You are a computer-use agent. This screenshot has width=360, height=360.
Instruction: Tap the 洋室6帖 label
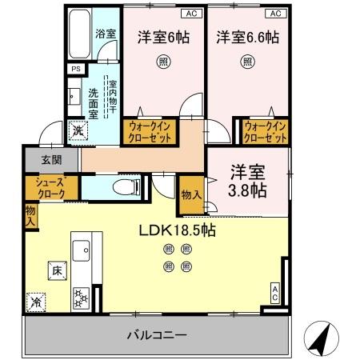point(162,36)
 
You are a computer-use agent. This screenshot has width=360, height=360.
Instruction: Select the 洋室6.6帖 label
point(246,36)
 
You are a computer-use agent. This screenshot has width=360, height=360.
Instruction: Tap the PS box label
point(76,70)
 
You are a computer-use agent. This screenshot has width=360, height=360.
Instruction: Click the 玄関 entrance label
point(47,159)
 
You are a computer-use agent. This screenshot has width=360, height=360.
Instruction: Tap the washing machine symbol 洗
point(78,130)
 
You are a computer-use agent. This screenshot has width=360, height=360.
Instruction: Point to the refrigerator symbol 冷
point(37,302)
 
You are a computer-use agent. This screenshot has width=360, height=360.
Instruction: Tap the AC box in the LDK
point(274,293)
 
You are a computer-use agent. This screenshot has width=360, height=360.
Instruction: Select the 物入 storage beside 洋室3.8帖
point(190,195)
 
